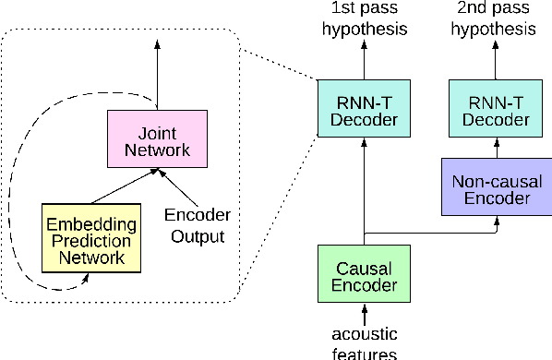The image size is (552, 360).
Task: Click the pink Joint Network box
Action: [155, 139]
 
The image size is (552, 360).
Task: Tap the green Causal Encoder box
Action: [362, 273]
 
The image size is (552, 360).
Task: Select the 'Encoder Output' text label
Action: [198, 225]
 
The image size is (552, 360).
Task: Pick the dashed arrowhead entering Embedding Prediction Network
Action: [86, 274]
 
